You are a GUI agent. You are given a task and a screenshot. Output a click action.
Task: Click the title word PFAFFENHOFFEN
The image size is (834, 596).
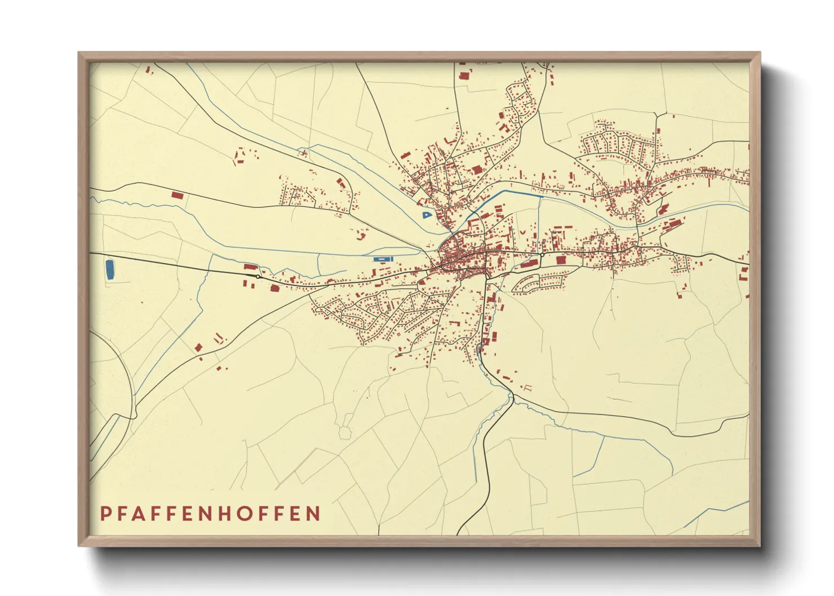tap(210, 513)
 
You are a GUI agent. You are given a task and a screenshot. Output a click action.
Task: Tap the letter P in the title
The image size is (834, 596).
tap(105, 513)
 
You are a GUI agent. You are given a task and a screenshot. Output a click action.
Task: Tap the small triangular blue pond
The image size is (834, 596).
tap(426, 215)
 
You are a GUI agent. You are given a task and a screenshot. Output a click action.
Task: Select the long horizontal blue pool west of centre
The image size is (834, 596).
tap(382, 259)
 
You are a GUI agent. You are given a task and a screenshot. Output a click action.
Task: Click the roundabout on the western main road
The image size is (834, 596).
tap(258, 277)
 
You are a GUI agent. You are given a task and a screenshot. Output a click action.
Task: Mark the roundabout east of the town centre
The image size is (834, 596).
tap(542, 255)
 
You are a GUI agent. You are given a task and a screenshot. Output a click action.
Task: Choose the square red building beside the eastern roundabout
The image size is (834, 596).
tap(561, 260)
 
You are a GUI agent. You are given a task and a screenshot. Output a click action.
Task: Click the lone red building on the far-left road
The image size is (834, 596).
tap(178, 195)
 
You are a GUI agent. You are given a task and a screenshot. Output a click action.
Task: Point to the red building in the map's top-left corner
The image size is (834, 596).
tap(148, 70)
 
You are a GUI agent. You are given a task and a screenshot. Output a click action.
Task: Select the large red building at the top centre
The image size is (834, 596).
tap(464, 76)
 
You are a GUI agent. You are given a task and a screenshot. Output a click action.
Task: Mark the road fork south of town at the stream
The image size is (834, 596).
tap(513, 399)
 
